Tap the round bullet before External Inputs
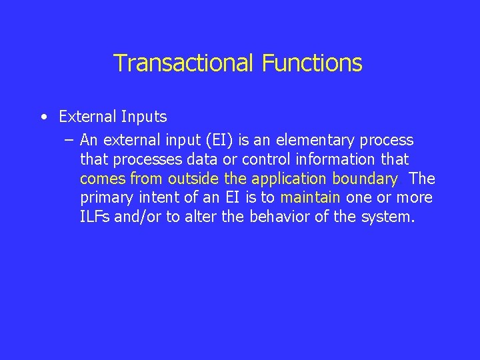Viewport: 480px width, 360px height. (43, 117)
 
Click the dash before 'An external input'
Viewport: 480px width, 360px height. (69, 141)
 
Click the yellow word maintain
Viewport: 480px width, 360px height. (310, 198)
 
